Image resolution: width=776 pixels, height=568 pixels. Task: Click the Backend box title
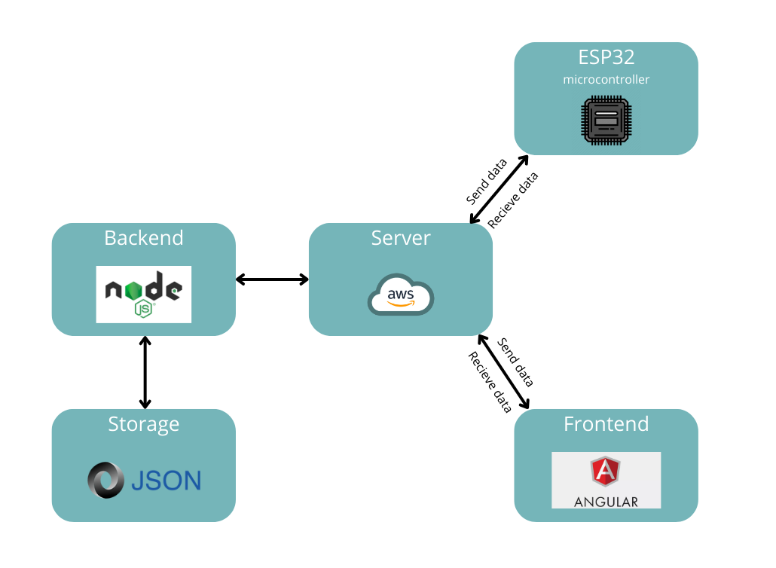143,238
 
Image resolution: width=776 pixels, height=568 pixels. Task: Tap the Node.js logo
143,294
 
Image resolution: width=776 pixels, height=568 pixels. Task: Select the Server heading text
401,238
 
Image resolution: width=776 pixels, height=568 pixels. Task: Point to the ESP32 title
606,57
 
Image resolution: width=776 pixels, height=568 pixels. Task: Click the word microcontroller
606,79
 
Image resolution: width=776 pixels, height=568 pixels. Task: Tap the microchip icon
606,120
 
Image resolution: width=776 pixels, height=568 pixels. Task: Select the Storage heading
143,424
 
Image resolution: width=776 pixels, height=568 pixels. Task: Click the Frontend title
606,424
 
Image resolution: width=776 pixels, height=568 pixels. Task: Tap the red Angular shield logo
606,472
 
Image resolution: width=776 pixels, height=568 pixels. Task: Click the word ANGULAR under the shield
606,502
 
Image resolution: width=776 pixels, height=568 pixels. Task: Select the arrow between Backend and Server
272,279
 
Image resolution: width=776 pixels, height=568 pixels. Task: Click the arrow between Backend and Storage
145,373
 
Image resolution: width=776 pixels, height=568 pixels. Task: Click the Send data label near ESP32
486,182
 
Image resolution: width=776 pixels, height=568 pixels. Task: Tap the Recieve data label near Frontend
490,383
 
